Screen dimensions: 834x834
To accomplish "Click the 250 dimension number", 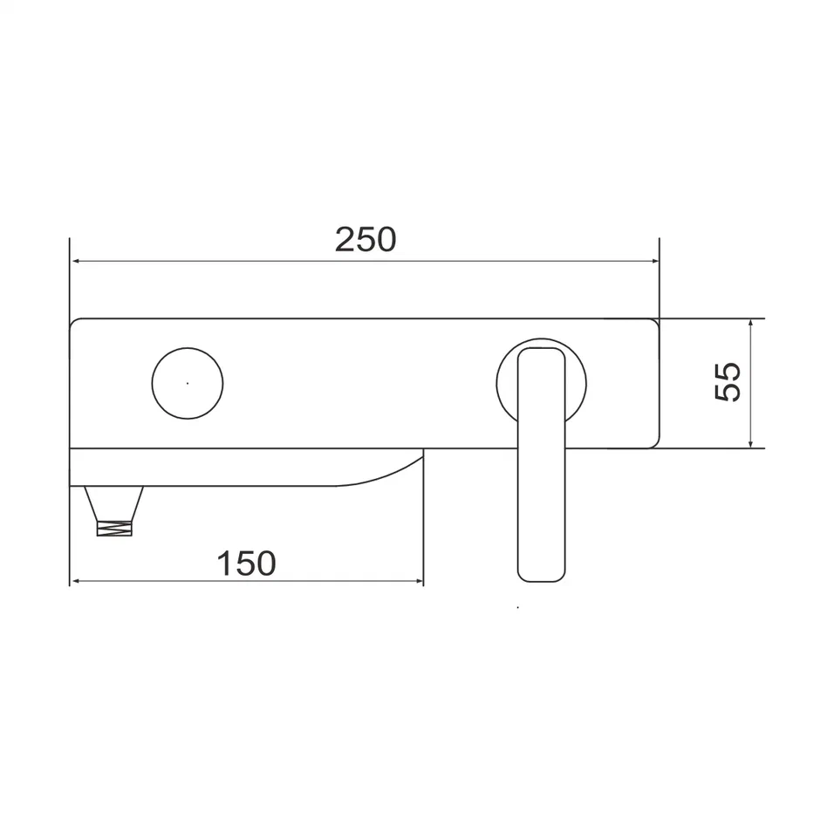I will [x=365, y=239].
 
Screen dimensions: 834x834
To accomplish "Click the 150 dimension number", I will [x=246, y=564].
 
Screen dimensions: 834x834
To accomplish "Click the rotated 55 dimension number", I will [x=728, y=381].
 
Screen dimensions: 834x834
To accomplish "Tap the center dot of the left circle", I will [x=188, y=382].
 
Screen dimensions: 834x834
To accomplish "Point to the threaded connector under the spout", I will [x=114, y=527].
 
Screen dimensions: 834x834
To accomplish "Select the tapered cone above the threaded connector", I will [x=114, y=502].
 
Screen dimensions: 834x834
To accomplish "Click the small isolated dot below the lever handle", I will [x=518, y=606].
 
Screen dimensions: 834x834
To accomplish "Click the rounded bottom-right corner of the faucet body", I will [x=653, y=442].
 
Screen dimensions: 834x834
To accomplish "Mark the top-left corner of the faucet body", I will [x=73, y=323].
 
